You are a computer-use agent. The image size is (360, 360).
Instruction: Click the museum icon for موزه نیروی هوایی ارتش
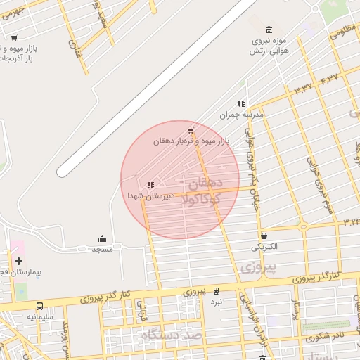[269, 29]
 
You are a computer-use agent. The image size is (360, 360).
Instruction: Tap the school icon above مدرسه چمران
[241, 103]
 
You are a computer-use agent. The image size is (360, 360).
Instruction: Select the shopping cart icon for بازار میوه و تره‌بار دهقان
[191, 130]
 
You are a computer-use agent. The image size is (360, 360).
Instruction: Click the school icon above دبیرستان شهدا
[150, 185]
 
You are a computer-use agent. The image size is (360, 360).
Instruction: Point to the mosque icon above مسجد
[103, 238]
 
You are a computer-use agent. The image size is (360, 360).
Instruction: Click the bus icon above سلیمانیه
[39, 307]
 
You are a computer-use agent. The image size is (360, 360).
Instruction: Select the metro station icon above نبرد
[216, 290]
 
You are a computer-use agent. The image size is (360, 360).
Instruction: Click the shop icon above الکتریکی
[264, 236]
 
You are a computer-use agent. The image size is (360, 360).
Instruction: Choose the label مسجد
[103, 249]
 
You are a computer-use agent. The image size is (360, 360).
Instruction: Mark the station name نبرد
[217, 301]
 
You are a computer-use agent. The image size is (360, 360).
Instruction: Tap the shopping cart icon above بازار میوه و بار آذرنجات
[14, 38]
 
